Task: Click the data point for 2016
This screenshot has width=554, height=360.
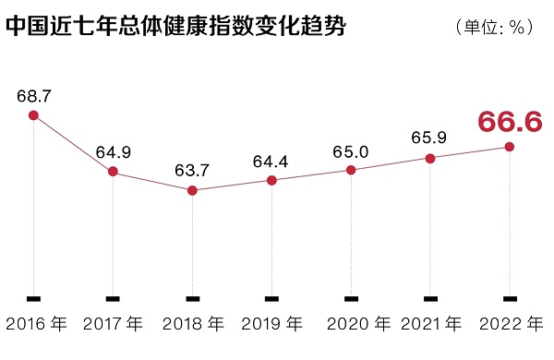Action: [x=33, y=115]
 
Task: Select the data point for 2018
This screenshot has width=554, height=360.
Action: [x=192, y=190]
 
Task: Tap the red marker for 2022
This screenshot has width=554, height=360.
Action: [x=510, y=147]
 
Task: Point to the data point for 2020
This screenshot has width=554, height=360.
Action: [x=351, y=170]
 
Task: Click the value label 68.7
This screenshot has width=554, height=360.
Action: [x=33, y=95]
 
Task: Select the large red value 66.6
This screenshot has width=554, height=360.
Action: [x=510, y=122]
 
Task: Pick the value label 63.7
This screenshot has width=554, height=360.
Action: [x=192, y=171]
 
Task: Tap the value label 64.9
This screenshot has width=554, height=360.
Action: [x=113, y=151]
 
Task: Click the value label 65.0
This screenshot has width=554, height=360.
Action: [x=351, y=150]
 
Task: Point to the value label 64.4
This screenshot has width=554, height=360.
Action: [x=271, y=161]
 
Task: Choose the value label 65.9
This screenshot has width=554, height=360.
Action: [x=430, y=138]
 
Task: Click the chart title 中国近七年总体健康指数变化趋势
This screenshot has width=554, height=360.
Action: [x=175, y=27]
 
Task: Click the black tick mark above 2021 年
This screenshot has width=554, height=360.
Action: [x=430, y=298]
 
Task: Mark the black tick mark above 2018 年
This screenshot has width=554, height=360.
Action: [x=192, y=298]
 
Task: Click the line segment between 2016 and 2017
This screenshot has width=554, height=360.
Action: [x=73, y=143]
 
